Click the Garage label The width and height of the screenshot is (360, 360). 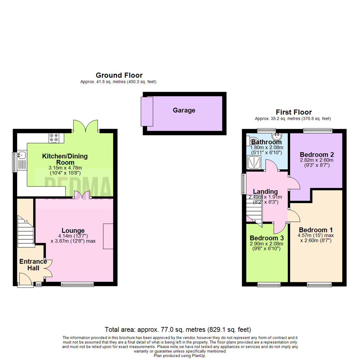coord(184,110)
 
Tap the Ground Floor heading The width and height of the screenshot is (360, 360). coord(119,75)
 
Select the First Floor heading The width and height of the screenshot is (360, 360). coord(294,112)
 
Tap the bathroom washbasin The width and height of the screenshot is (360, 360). coord(277,136)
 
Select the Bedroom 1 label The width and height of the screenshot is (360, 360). coord(315,230)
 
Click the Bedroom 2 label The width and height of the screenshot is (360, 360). coord(317,155)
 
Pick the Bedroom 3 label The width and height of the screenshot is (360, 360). coord(267,238)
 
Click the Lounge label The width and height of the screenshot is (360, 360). coord(73,230)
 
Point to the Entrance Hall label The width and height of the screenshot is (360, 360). coord(33,265)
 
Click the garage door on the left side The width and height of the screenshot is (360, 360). coord(147,111)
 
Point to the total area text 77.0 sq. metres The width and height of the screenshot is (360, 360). coord(178,330)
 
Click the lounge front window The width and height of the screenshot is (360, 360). coord(77,284)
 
